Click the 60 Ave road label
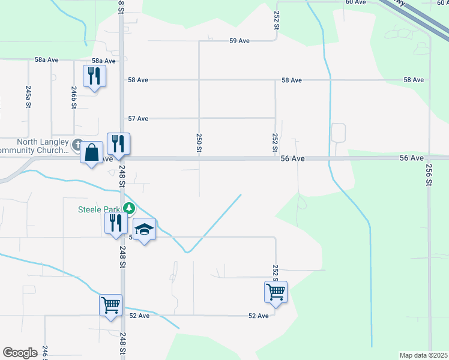tap(355, 2)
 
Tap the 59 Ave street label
tap(239, 41)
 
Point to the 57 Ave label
tap(138, 119)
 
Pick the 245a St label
tap(28, 96)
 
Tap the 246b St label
tap(74, 97)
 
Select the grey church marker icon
tap(77, 145)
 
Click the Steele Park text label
tap(100, 209)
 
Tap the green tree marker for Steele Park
tap(128, 209)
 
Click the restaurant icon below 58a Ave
tap(94, 76)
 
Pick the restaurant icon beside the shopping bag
tap(118, 143)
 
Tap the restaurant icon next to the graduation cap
tap(115, 223)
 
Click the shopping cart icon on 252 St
tap(276, 292)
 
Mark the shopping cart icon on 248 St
tap(110, 305)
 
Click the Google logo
tap(20, 353)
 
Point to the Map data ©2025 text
tap(423, 355)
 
